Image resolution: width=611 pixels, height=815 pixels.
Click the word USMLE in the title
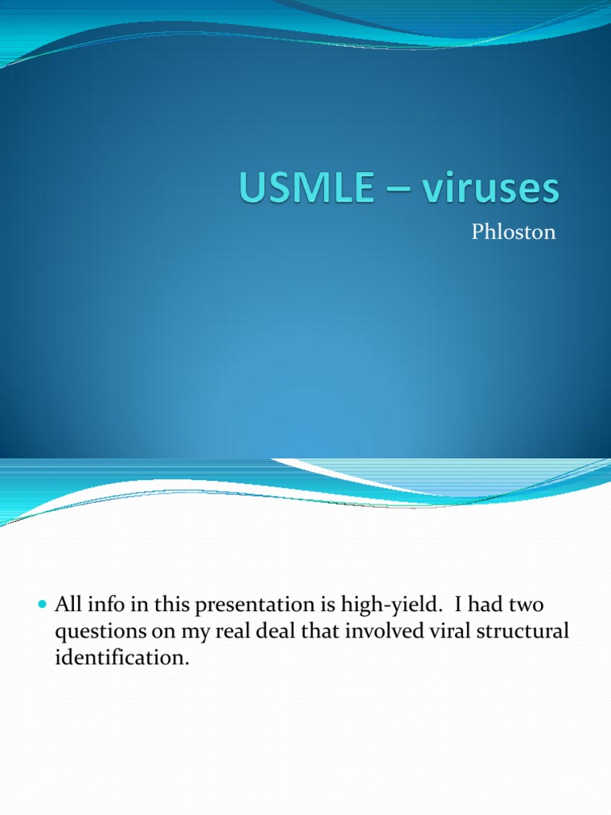click(x=306, y=186)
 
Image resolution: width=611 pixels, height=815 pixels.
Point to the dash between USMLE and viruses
click(x=398, y=190)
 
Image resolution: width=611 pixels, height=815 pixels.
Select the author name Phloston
click(x=513, y=232)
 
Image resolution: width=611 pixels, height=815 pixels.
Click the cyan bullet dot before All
click(x=43, y=605)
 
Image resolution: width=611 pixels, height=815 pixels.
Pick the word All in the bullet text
click(x=68, y=604)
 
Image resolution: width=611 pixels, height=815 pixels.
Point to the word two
click(x=526, y=605)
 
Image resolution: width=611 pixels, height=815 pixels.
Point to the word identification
click(x=122, y=657)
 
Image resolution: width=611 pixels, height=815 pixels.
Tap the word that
click(x=321, y=631)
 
